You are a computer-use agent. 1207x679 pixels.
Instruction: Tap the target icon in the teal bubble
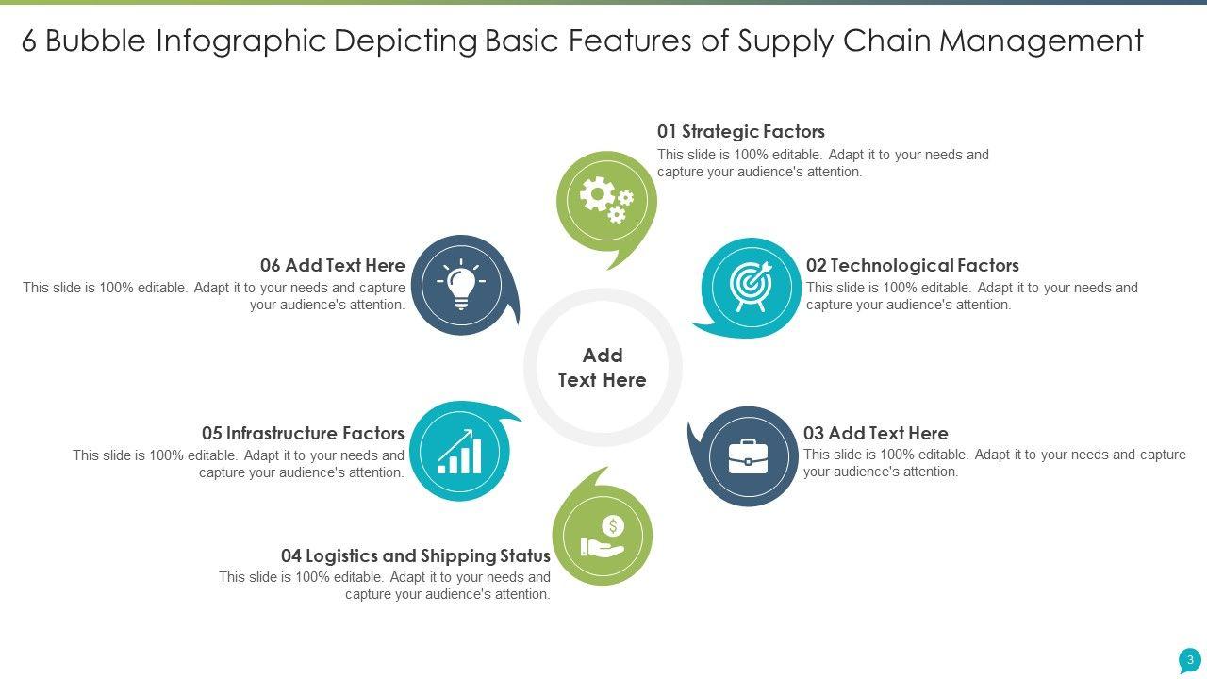752,286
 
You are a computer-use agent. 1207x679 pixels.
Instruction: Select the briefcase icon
748,456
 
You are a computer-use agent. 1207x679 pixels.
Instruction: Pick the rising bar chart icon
460,452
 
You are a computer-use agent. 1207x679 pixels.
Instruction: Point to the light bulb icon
461,284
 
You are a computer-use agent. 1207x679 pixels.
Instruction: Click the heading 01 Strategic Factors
741,132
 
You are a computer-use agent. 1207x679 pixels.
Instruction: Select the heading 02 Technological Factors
912,266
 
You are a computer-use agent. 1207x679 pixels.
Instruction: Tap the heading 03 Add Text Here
875,434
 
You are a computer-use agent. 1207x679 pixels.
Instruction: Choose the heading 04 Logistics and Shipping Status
416,556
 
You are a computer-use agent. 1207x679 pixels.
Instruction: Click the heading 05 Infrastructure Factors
303,434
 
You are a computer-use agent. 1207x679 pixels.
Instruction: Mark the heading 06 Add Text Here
333,266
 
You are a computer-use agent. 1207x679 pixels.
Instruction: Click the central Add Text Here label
603,368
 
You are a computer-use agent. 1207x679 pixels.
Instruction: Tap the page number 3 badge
1190,660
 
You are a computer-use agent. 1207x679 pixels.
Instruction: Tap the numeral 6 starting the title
29,41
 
